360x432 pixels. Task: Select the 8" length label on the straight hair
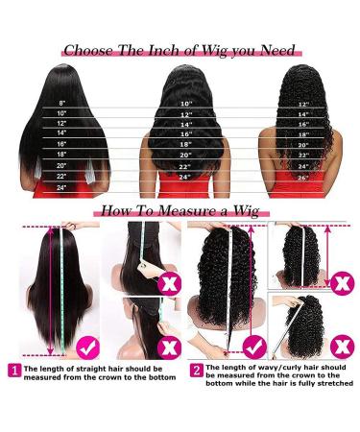63,101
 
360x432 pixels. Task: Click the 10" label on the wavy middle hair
185,102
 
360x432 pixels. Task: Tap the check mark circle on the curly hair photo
253,344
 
